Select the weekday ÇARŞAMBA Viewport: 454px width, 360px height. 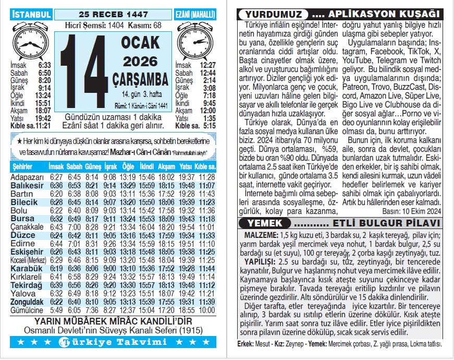[141, 79]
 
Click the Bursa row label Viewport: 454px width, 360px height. [22, 219]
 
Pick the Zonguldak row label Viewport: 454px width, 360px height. [27, 302]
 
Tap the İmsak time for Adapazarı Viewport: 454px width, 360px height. [56, 177]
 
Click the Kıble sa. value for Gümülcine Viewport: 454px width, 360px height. [206, 310]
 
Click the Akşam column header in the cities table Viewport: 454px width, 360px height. [166, 166]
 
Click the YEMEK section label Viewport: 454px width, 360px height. [262, 223]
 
